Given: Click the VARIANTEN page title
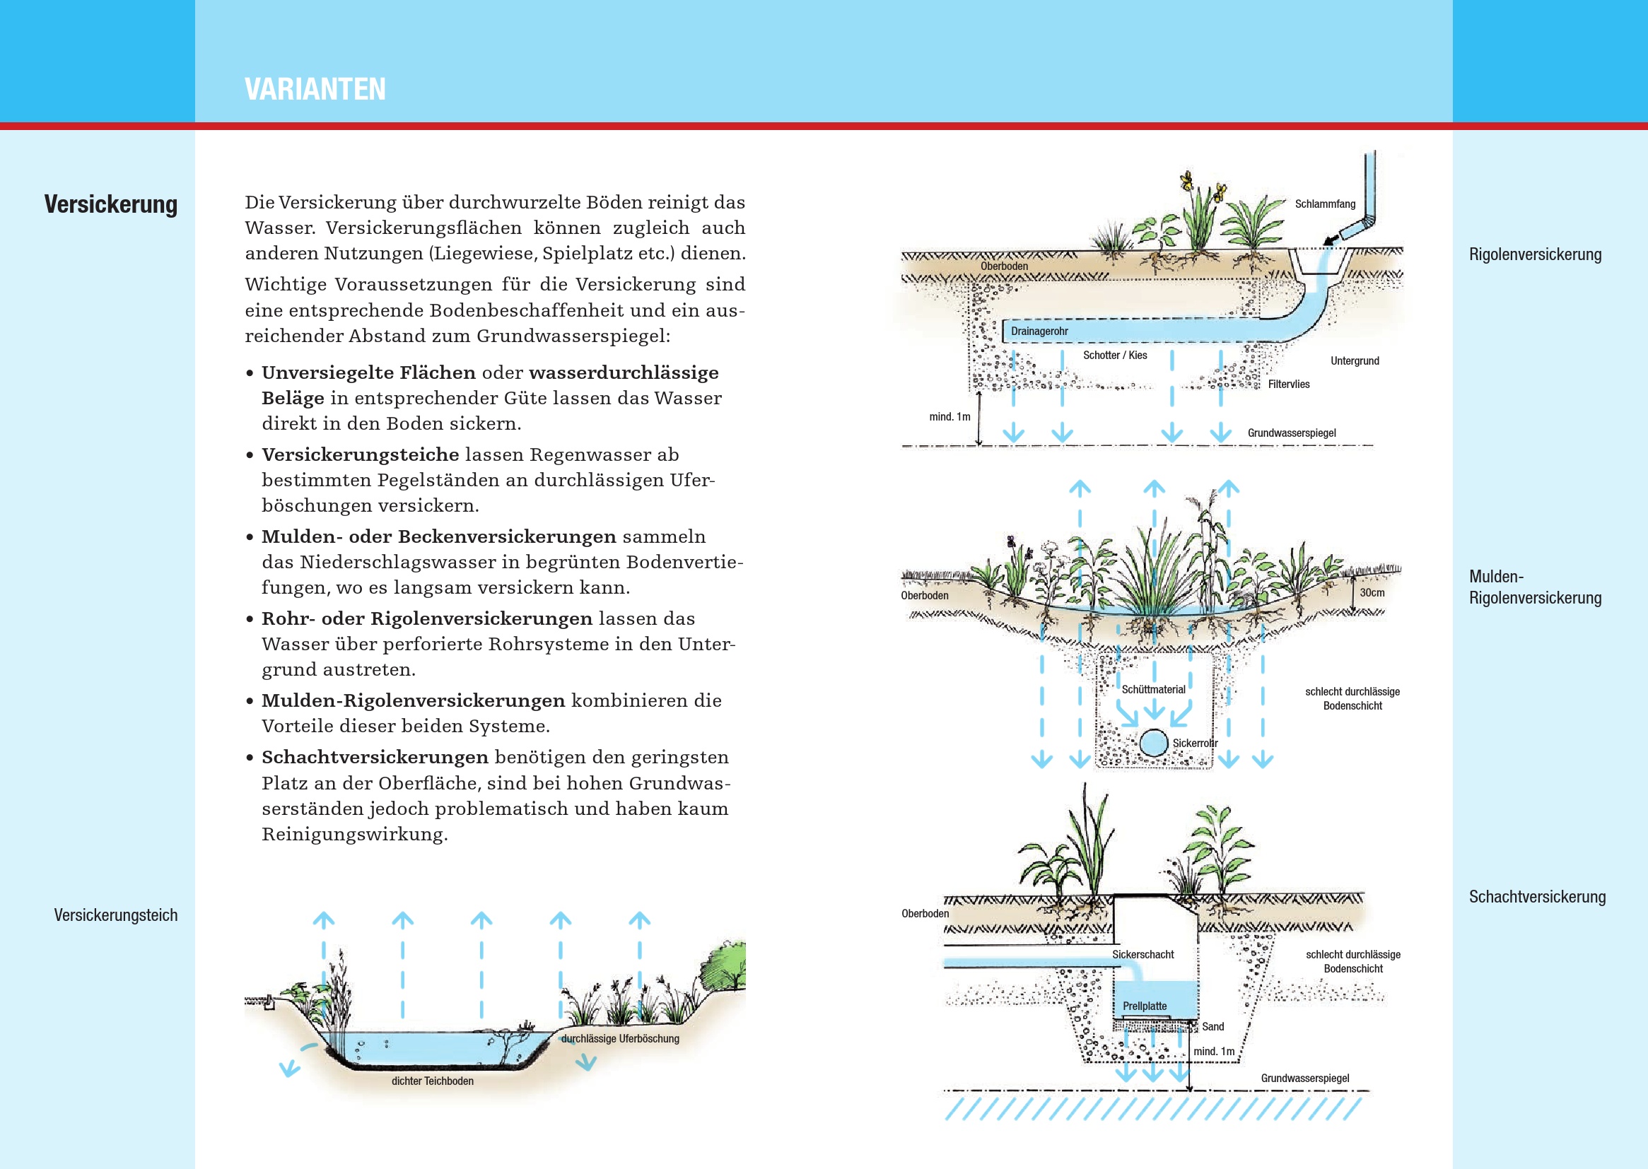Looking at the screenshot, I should [315, 89].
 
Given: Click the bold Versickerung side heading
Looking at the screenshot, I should [111, 204].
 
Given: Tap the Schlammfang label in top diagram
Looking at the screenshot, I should [1325, 204].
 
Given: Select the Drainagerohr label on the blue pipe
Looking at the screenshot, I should [1039, 331].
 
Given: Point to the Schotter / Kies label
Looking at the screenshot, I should [1114, 355].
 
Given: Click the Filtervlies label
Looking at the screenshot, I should [1288, 384].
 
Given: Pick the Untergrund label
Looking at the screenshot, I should [1355, 360].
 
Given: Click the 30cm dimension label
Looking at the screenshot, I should [1372, 592].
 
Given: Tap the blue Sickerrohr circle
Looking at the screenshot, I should [1153, 743].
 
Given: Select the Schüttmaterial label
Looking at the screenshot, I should [1153, 690].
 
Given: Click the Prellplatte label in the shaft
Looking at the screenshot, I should [1144, 1006].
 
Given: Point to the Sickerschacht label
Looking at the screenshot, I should [1143, 954].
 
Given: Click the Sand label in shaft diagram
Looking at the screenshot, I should [1212, 1026].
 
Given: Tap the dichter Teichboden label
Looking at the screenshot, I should [432, 1081].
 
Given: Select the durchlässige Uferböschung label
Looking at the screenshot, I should [620, 1038].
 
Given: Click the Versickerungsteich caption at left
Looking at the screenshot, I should [115, 915].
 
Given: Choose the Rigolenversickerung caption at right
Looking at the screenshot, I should [1535, 254].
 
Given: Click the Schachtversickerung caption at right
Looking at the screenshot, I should [1537, 897].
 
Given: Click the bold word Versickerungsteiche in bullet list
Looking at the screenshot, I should [360, 454].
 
